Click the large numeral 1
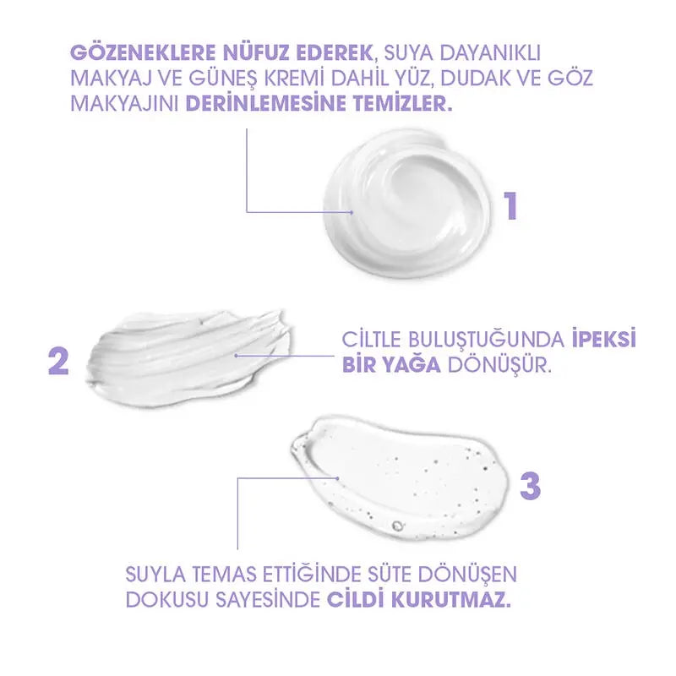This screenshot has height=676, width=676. (511, 206)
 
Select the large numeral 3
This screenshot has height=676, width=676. (531, 486)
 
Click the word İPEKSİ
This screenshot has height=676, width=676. (604, 340)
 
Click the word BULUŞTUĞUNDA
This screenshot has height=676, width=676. (488, 340)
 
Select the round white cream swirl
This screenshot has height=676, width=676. (407, 202)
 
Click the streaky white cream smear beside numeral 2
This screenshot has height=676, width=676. (188, 358)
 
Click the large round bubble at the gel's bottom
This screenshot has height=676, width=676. (396, 526)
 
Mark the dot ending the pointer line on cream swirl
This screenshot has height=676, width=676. (352, 212)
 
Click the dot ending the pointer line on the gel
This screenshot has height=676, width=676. (337, 477)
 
